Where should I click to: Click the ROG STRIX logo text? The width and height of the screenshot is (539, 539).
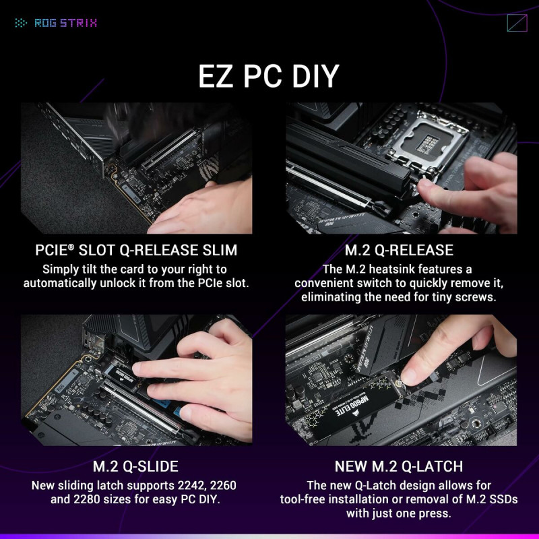click(x=65, y=23)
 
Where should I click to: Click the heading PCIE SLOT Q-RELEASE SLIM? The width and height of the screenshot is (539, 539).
click(x=136, y=251)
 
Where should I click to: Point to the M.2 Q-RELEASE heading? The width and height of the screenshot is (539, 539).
click(x=399, y=251)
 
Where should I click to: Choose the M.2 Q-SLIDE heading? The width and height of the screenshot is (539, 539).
click(x=135, y=467)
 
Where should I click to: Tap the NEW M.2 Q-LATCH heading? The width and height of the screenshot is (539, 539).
click(x=399, y=467)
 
